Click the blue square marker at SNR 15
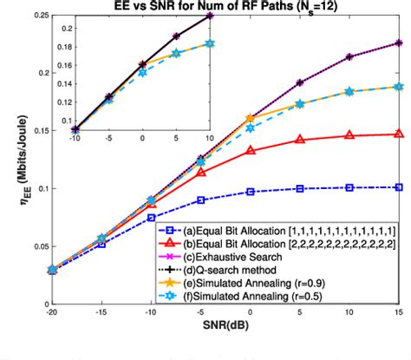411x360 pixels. [399, 187]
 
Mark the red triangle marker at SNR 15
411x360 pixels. [399, 134]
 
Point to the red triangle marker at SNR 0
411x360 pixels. [250, 150]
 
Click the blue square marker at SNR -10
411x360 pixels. [150, 218]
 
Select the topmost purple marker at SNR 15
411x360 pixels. [399, 43]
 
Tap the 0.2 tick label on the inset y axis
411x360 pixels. [60, 29]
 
